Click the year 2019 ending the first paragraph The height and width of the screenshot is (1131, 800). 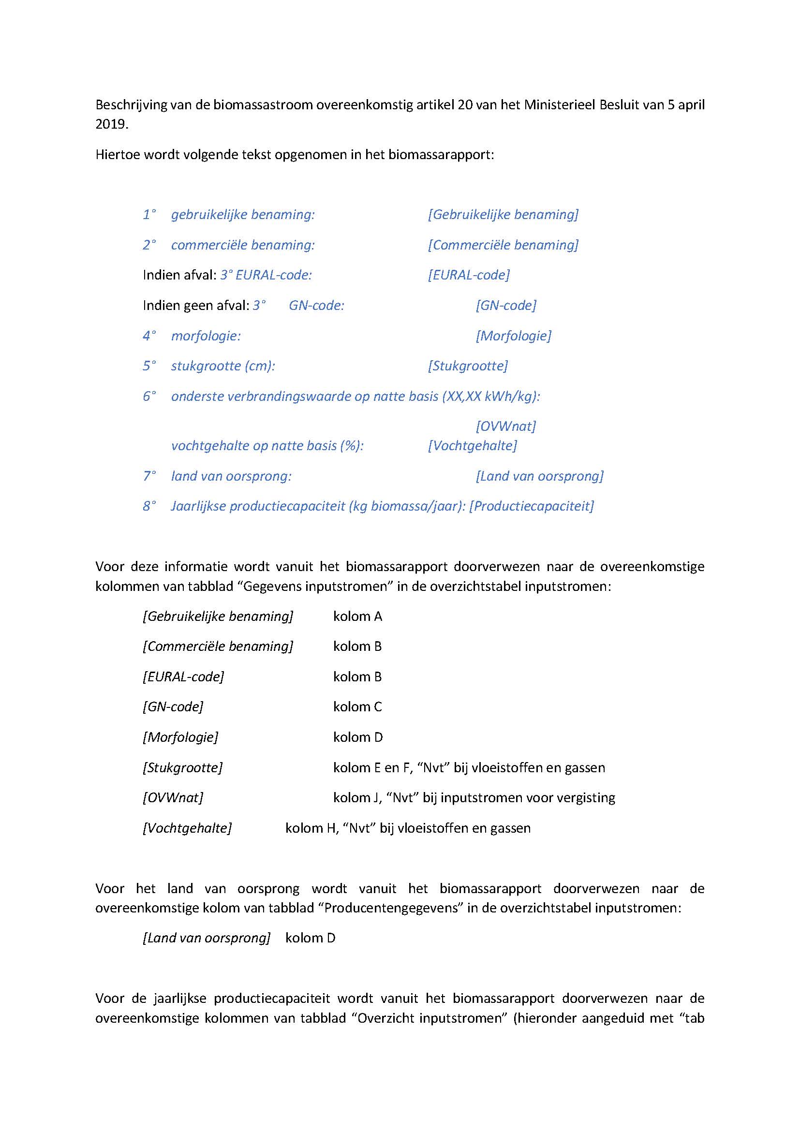[111, 124]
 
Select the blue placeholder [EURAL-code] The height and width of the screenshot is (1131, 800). [469, 275]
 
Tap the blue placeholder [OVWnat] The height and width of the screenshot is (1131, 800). [505, 426]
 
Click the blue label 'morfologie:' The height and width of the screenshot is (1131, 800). [206, 336]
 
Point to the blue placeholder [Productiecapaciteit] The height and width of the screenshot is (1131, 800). [532, 506]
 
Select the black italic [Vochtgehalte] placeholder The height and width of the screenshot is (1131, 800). [187, 828]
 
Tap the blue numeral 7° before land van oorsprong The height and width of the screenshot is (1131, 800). [149, 476]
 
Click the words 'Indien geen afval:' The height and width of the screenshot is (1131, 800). [195, 306]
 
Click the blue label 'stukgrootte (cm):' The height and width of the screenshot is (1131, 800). [222, 366]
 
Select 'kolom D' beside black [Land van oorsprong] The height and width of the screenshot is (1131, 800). [311, 938]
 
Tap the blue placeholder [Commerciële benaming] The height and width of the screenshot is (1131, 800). [503, 245]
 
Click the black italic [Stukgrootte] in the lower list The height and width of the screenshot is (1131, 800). [182, 767]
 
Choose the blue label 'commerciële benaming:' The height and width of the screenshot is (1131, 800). [242, 245]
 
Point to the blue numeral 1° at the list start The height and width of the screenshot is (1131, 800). [149, 215]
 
